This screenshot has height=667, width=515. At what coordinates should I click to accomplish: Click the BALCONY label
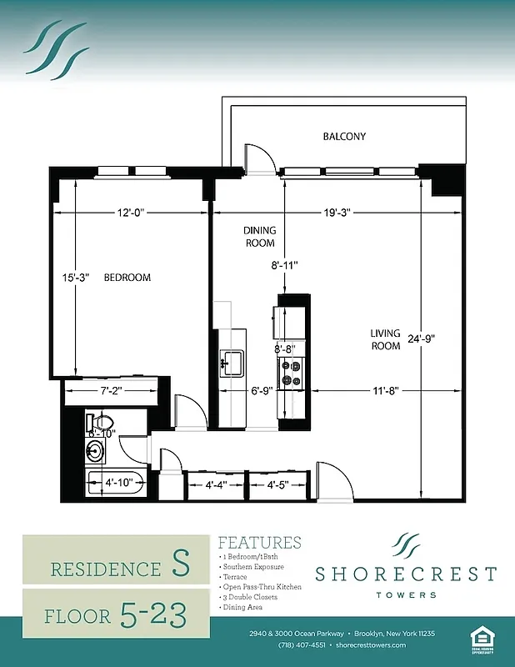point(344,136)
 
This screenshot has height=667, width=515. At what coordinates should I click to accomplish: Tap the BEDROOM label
point(127,278)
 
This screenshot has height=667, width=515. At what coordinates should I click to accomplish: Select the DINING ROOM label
point(259,237)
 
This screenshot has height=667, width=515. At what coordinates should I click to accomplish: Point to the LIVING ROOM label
point(386,340)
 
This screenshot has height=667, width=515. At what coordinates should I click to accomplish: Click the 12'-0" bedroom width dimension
point(132,213)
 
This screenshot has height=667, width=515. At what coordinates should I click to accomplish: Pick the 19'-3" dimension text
point(336,213)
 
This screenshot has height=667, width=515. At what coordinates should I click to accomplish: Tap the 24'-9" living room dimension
point(440,339)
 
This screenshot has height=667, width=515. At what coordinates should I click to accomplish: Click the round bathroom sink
point(96,452)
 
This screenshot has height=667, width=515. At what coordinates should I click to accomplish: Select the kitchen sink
point(231,360)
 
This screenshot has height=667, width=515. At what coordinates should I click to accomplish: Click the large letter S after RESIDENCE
point(180,566)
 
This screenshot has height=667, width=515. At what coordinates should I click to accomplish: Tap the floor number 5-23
point(153,614)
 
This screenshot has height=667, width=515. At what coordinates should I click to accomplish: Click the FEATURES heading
point(259,543)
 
